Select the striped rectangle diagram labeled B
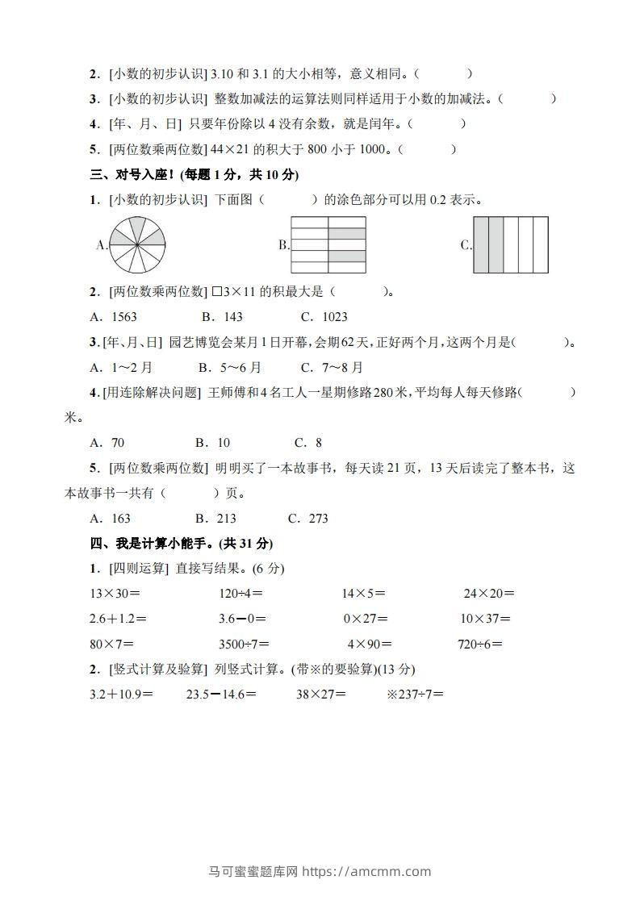328,244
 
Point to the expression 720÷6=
480,644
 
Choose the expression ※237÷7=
416,694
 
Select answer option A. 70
108,443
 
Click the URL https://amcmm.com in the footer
366,871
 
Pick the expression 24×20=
489,594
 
